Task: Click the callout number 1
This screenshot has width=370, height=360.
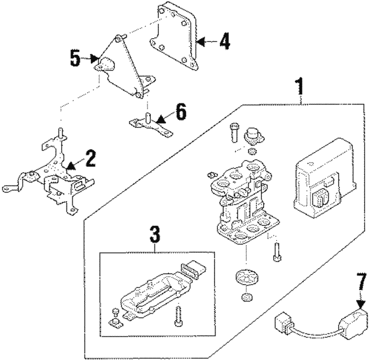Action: (299, 88)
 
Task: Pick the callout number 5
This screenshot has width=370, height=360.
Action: (75, 58)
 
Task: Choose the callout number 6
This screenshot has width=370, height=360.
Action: (180, 112)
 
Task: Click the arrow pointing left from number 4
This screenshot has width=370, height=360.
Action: (208, 42)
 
